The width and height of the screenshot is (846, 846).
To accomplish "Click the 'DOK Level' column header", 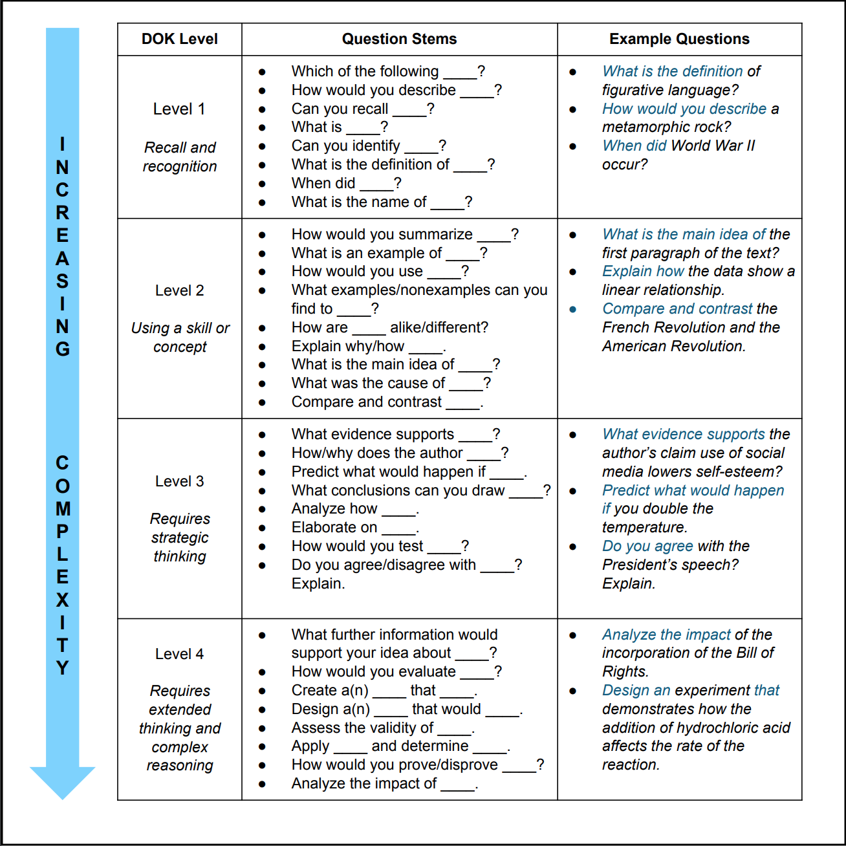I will pyautogui.click(x=179, y=39).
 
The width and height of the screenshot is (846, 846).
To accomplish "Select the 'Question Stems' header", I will pyautogui.click(x=399, y=39).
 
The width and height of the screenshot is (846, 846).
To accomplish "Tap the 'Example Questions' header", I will pyautogui.click(x=679, y=39).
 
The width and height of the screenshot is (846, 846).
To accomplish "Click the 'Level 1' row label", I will pyautogui.click(x=179, y=109).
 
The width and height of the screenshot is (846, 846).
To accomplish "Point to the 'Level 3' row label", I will pyautogui.click(x=179, y=481).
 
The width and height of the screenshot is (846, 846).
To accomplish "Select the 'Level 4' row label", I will pyautogui.click(x=179, y=654).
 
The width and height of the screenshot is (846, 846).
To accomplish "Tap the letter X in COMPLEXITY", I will pyautogui.click(x=62, y=600).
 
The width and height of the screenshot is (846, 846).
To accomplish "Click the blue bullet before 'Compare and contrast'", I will pyautogui.click(x=573, y=309).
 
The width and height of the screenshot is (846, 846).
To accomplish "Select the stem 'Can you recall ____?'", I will pyautogui.click(x=362, y=109).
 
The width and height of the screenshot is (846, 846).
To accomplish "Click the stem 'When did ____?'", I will pyautogui.click(x=346, y=183).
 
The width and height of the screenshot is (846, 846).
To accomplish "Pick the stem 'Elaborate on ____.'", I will pyautogui.click(x=355, y=528).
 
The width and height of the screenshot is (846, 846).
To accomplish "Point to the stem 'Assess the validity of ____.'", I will pyautogui.click(x=383, y=728).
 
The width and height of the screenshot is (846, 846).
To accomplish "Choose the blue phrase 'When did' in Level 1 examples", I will pyautogui.click(x=634, y=146).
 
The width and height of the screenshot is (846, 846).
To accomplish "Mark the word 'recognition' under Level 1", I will pyautogui.click(x=180, y=166).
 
